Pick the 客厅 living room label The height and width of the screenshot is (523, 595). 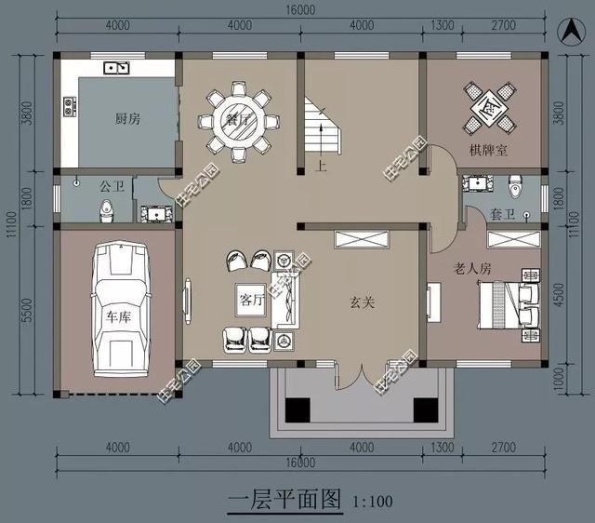(x=252, y=301)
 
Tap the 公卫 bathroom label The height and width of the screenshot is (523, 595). (x=112, y=185)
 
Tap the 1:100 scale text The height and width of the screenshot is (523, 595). (x=373, y=503)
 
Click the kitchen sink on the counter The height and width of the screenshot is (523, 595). (x=117, y=66)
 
